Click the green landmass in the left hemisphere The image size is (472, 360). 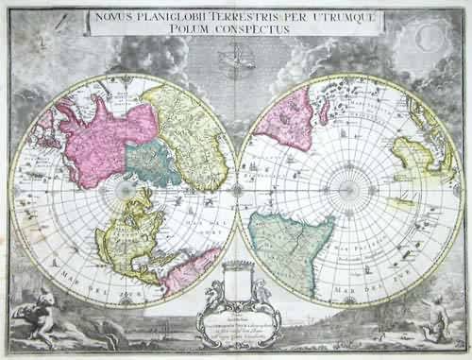point(150,163)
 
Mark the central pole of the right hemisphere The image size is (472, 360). point(351,189)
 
